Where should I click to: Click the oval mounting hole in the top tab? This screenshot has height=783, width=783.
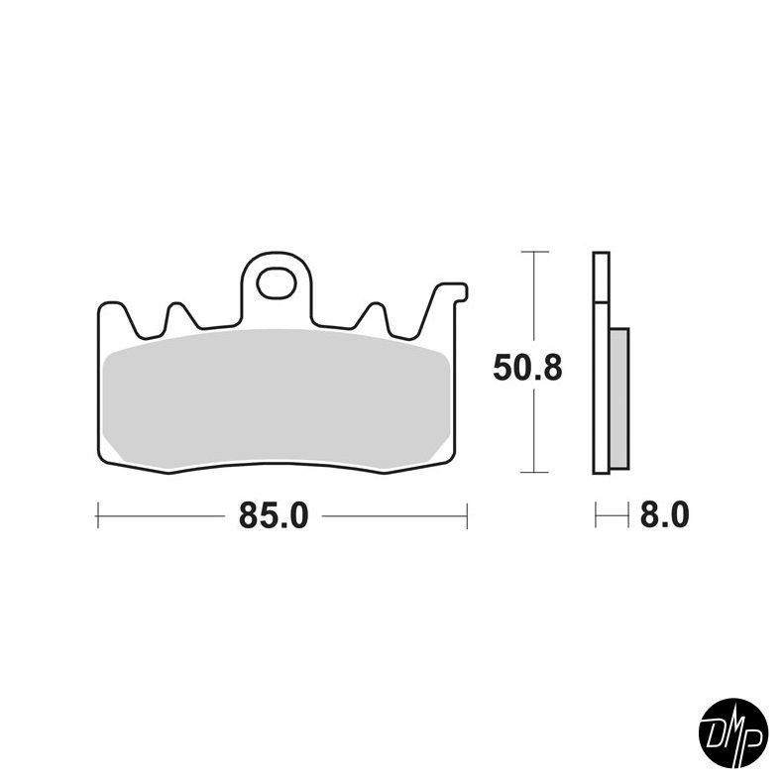point(276,283)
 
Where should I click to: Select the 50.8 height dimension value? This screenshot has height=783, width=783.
point(527,369)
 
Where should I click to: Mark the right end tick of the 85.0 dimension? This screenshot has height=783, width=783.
point(466,515)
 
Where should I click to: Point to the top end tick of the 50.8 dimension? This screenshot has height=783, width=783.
point(534,253)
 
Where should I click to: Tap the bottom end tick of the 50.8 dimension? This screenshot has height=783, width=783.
point(534,473)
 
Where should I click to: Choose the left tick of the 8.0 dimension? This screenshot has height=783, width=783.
point(595,515)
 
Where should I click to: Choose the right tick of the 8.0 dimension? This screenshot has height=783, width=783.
point(628,515)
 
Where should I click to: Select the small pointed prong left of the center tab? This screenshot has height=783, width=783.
point(179,311)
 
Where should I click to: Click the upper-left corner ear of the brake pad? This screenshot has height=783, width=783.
point(108,309)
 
